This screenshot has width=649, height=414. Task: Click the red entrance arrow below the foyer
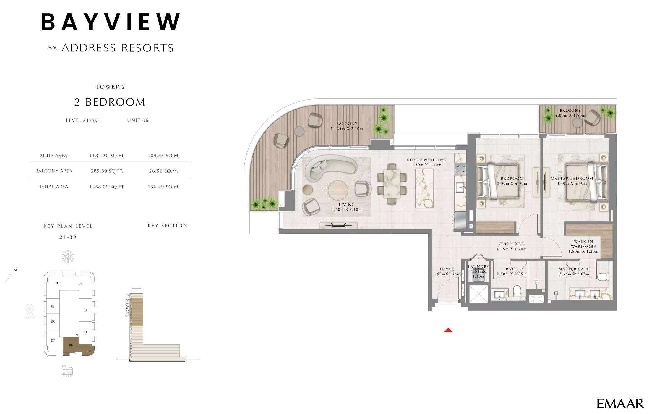click(448, 330)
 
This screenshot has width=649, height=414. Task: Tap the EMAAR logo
click(620, 404)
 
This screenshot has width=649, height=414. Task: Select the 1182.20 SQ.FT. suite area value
click(107, 156)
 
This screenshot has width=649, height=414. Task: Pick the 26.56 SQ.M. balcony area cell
click(163, 171)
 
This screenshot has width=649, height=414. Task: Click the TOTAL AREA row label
click(54, 187)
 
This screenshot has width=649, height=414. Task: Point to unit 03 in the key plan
click(80, 283)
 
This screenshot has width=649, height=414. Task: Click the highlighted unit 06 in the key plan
click(71, 345)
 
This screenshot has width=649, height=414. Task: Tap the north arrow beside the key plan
click(9, 278)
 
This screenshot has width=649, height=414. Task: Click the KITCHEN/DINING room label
click(426, 160)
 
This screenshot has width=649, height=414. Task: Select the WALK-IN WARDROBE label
click(583, 244)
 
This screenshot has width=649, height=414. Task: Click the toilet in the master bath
click(602, 277)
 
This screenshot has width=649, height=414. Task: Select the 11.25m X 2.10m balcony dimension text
click(347, 129)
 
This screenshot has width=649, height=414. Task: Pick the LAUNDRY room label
click(478, 266)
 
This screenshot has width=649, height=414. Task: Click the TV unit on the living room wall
click(338, 226)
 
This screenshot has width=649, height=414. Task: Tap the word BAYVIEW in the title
click(111, 22)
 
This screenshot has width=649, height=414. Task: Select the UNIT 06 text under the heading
click(138, 120)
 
